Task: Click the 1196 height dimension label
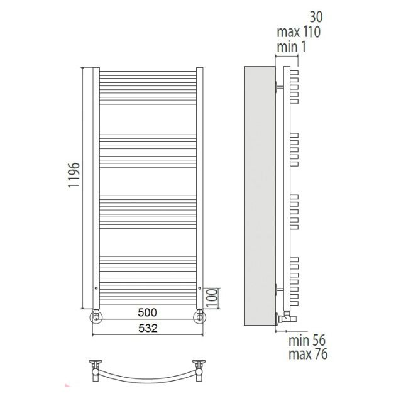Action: point(74,175)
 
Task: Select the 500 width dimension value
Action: point(147,312)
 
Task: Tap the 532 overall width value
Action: point(148,328)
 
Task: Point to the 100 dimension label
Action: point(212,298)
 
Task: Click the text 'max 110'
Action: point(299,32)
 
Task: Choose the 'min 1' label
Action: point(292,47)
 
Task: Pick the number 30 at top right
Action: point(316,17)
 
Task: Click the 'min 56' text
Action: point(307,340)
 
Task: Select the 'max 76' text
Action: point(308,353)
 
